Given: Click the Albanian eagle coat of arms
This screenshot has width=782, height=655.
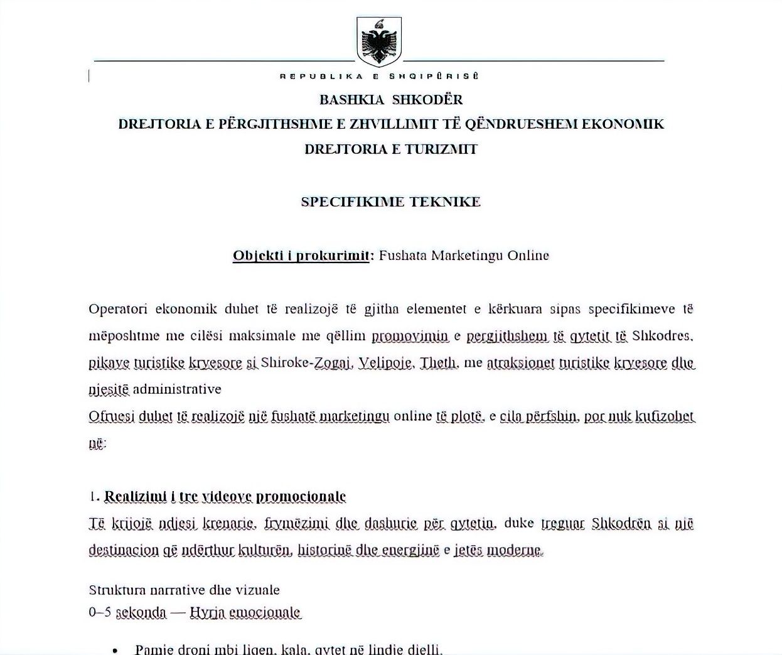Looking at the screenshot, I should click(x=379, y=41).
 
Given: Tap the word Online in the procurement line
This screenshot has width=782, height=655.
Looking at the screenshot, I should click(x=528, y=256).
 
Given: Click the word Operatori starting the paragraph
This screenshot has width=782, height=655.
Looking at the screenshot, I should click(x=118, y=309).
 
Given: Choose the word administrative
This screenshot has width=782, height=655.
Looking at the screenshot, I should click(x=177, y=389).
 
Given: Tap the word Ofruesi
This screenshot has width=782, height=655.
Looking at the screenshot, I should click(x=111, y=416).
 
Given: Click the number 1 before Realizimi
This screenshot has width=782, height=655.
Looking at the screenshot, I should click(x=93, y=497).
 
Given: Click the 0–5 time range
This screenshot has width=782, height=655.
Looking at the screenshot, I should click(x=100, y=612).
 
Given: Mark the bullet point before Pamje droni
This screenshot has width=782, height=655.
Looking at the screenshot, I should click(x=114, y=650).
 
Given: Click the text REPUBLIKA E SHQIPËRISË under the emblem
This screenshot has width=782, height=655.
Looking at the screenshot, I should click(x=379, y=76).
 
